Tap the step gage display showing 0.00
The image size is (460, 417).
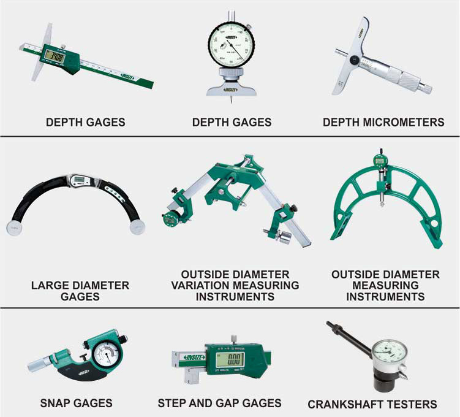point(230,359)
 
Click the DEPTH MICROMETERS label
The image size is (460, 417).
point(383,122)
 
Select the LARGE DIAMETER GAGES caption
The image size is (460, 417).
point(80,291)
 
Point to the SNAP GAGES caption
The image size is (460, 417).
point(77,403)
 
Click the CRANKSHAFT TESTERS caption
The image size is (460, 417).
point(372,404)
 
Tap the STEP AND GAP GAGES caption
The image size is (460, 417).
point(219,403)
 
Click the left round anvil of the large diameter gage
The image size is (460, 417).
point(14,228)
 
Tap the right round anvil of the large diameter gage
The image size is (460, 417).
point(137,228)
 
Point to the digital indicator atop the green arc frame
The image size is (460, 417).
point(379,161)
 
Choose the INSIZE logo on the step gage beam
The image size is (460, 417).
point(194,358)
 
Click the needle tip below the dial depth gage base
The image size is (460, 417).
point(231,100)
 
